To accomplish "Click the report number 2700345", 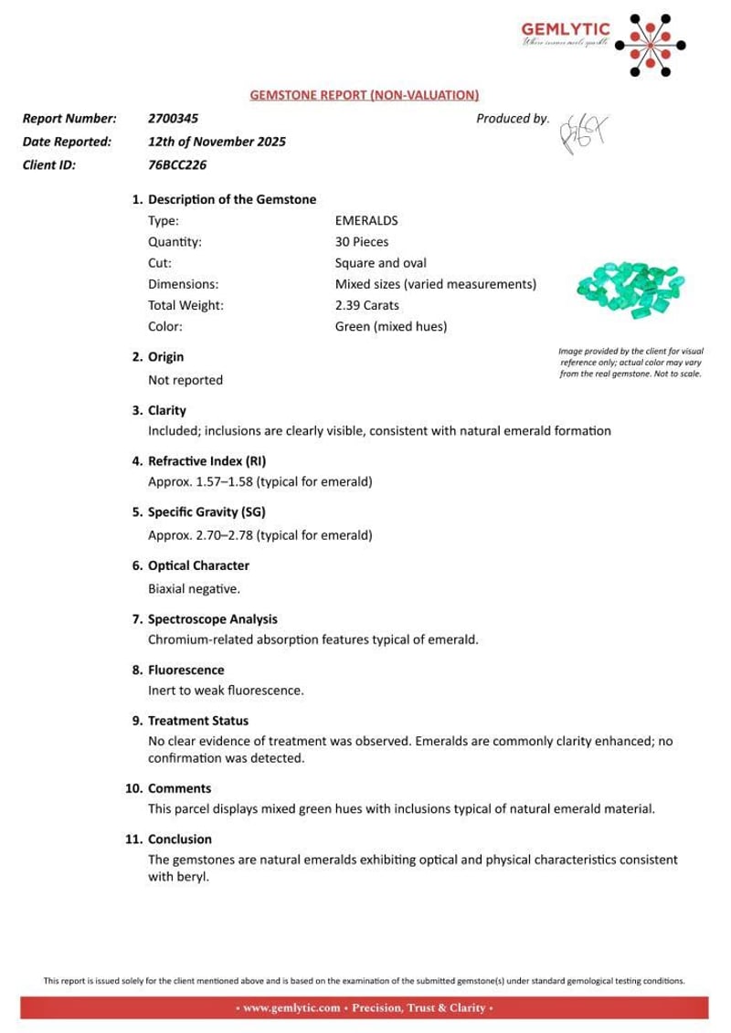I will pos(173,119).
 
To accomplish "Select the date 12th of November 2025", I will pos(217,142).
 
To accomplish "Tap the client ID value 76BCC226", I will pos(177,165).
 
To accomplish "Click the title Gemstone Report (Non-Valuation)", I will pos(365,95).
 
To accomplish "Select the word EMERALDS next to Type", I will pos(366,221).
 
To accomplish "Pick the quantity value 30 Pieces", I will pos(362,242).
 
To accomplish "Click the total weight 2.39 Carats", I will pos(367,305).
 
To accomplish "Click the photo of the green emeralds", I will pos(630,287).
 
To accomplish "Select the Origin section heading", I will pos(165,357).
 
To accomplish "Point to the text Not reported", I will pos(185,379).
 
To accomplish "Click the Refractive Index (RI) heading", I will pos(207,461).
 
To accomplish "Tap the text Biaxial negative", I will pos(194,588).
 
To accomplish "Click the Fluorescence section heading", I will pos(185,669).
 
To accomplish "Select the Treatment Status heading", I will pos(197,721).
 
